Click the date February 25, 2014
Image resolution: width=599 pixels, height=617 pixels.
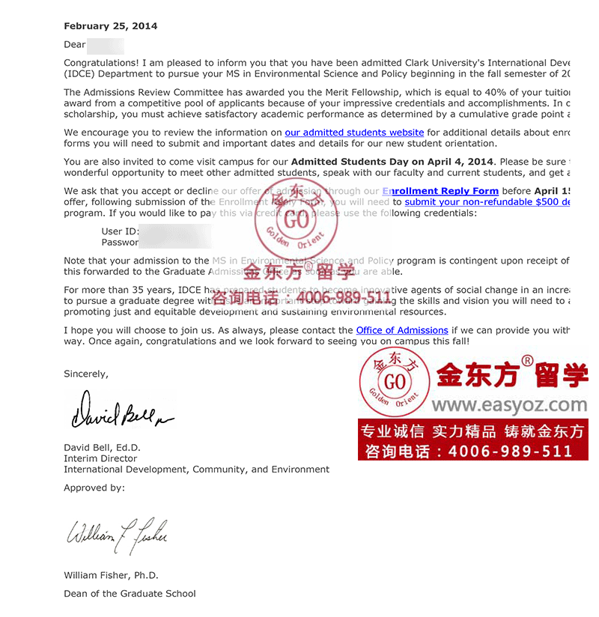[x=111, y=26]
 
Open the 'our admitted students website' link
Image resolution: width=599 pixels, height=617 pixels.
[x=354, y=133]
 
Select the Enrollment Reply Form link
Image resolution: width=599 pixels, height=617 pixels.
[x=440, y=191]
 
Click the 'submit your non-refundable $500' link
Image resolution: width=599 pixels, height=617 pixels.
[x=487, y=202]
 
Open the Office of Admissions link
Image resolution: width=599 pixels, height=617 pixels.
[x=402, y=330]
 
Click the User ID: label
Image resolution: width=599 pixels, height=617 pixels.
[x=121, y=231]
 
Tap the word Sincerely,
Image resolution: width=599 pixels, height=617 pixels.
[x=86, y=374]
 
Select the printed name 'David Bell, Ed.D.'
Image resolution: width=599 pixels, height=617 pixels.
[x=102, y=448]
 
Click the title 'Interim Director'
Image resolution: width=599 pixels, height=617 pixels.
[x=100, y=458]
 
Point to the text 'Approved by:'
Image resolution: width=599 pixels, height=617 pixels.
[x=94, y=487]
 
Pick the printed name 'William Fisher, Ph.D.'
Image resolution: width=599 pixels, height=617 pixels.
[x=111, y=576]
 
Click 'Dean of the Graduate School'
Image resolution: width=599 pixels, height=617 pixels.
[x=130, y=594]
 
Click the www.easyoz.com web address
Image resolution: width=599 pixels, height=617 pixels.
[x=509, y=405]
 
